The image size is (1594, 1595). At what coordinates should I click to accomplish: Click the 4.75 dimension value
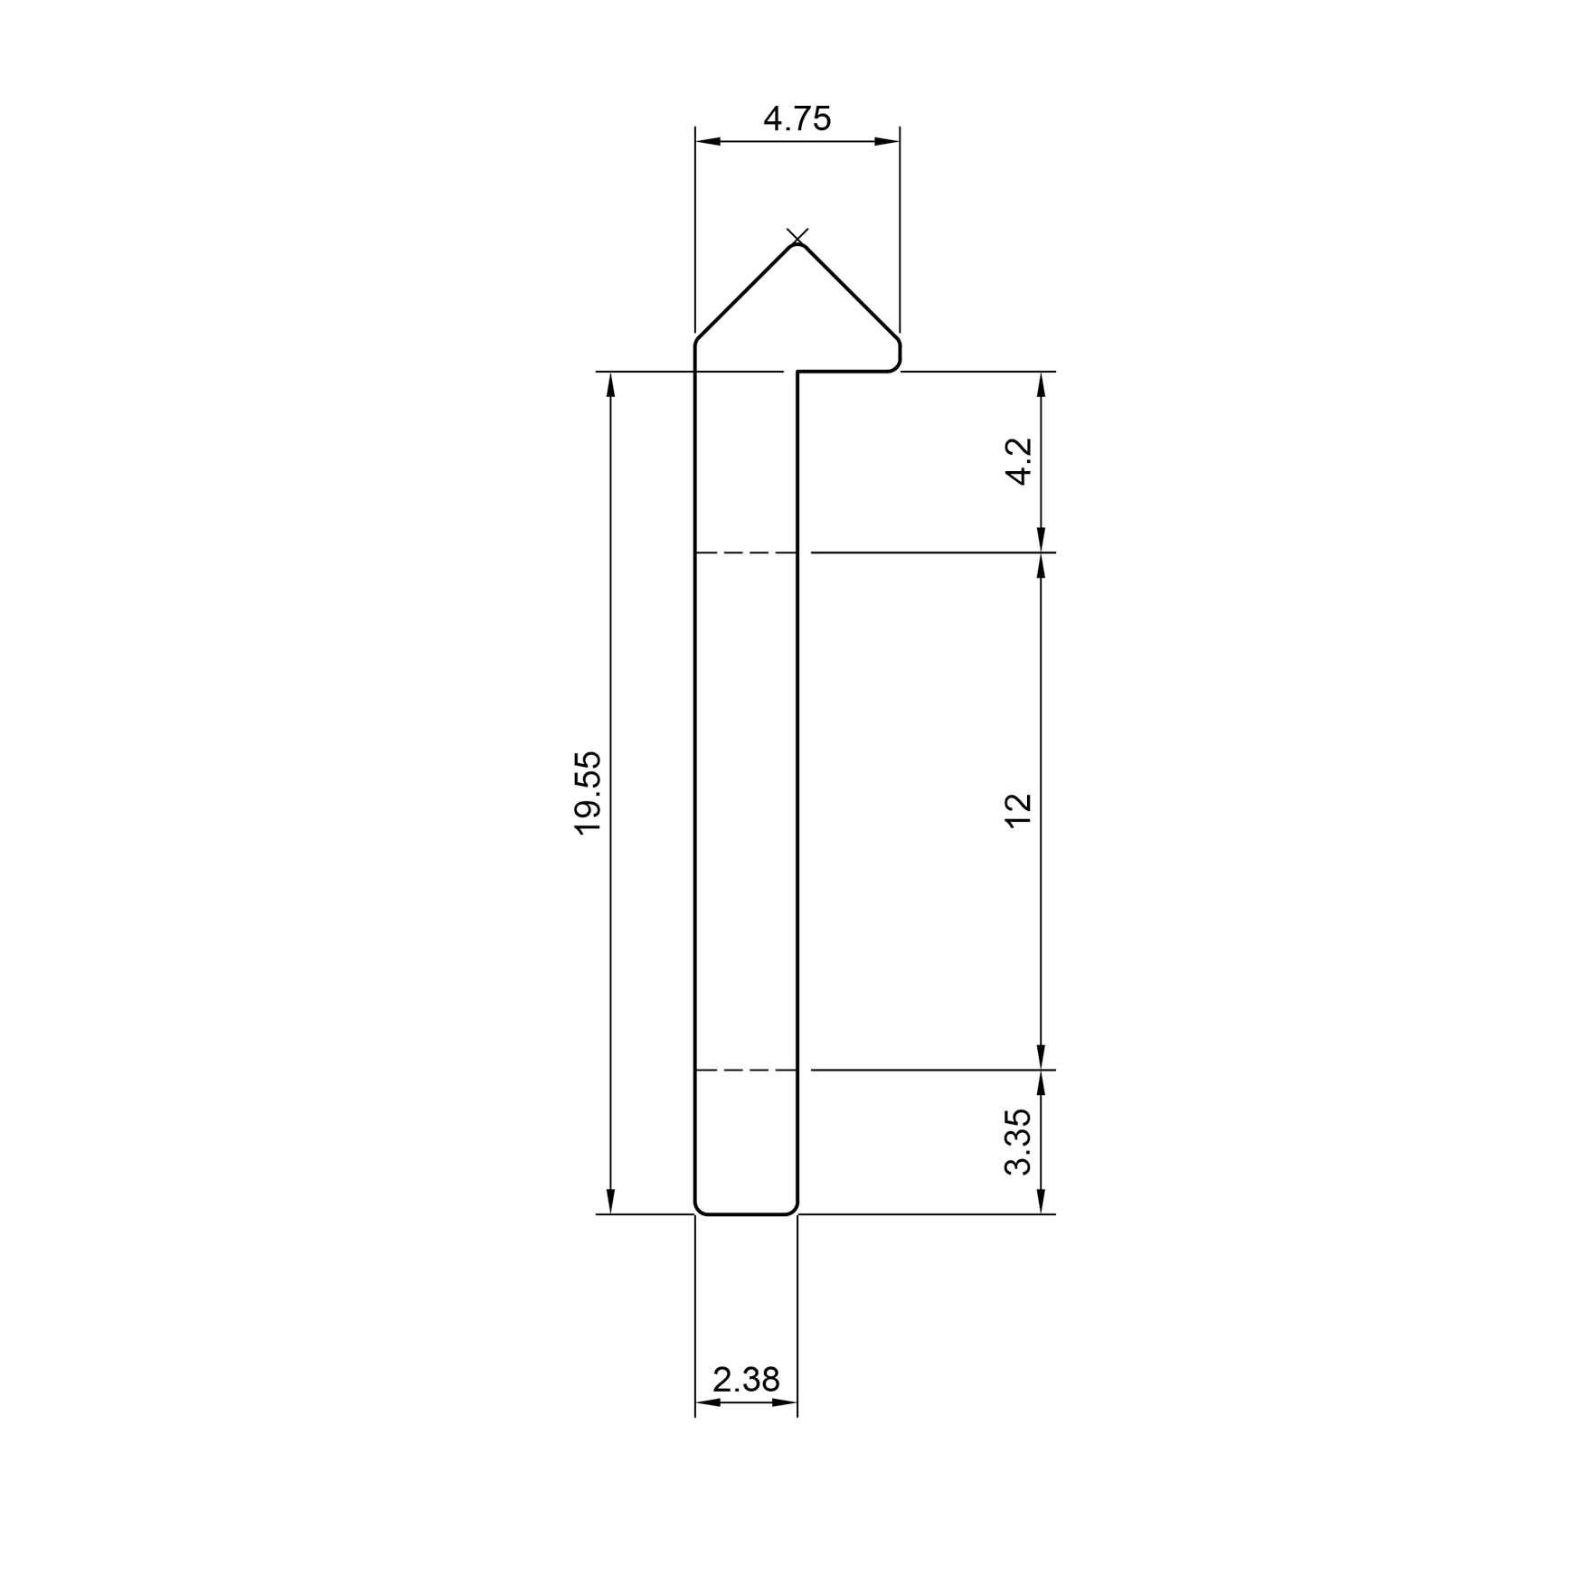pyautogui.click(x=797, y=118)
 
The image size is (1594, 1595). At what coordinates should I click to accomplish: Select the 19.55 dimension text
pyautogui.click(x=588, y=792)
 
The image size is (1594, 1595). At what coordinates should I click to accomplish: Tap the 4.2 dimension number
pyautogui.click(x=1019, y=461)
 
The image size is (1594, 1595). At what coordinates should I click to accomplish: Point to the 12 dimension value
pyautogui.click(x=1019, y=809)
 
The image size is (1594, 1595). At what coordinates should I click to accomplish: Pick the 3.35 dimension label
pyautogui.click(x=1019, y=1142)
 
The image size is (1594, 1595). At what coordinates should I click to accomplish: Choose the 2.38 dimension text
pyautogui.click(x=746, y=1379)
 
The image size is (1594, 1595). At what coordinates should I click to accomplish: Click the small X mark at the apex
pyautogui.click(x=797, y=237)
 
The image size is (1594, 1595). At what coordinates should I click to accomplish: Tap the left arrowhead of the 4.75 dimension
pyautogui.click(x=708, y=141)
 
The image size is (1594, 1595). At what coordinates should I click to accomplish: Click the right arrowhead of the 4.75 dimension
pyautogui.click(x=887, y=141)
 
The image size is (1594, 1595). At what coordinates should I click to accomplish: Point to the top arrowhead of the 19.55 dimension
pyautogui.click(x=611, y=385)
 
